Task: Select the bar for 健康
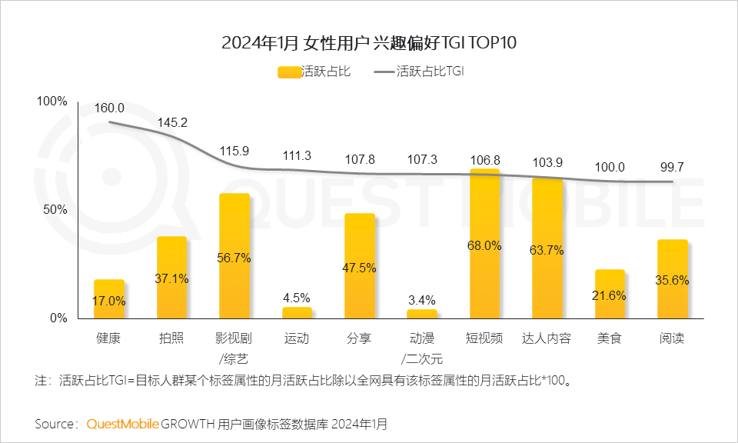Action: point(109,299)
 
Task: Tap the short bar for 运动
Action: point(297,313)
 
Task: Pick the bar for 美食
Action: point(610,294)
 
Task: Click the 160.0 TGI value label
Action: point(109,108)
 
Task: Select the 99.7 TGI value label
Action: point(673,168)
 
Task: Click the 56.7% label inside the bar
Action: point(234,258)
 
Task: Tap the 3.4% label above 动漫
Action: point(422,299)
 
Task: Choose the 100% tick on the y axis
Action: point(52,102)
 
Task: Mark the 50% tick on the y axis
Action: point(55,210)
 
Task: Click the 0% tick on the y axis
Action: point(58,318)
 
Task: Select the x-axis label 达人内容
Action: point(547,338)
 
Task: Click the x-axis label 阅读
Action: point(672,338)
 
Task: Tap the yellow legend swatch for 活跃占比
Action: point(289,72)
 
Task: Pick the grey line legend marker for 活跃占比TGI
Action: point(384,72)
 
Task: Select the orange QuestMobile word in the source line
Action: point(123,424)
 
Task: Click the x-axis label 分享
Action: point(360,338)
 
